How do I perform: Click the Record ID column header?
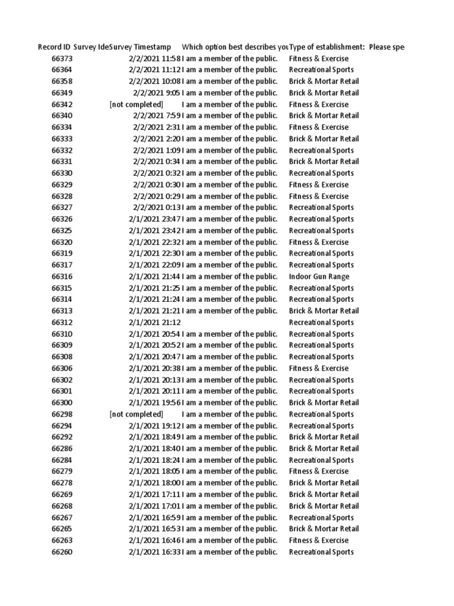coord(54,47)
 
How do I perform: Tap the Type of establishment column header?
coord(326,47)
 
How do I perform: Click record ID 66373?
coord(62,59)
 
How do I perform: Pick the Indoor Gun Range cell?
coord(319,276)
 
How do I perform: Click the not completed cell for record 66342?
coord(136,105)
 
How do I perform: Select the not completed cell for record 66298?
coord(136,414)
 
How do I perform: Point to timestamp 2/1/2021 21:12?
coord(154,323)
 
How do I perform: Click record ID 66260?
coord(62,552)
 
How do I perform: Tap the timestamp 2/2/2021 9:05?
coord(157,93)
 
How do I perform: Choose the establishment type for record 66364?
coord(321,70)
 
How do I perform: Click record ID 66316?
coord(62,276)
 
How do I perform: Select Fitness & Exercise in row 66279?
coord(319,472)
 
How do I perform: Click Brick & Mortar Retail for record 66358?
coord(323,82)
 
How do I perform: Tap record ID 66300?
coord(62,403)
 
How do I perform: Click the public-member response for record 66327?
coord(229,208)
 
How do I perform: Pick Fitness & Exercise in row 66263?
coord(319,540)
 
